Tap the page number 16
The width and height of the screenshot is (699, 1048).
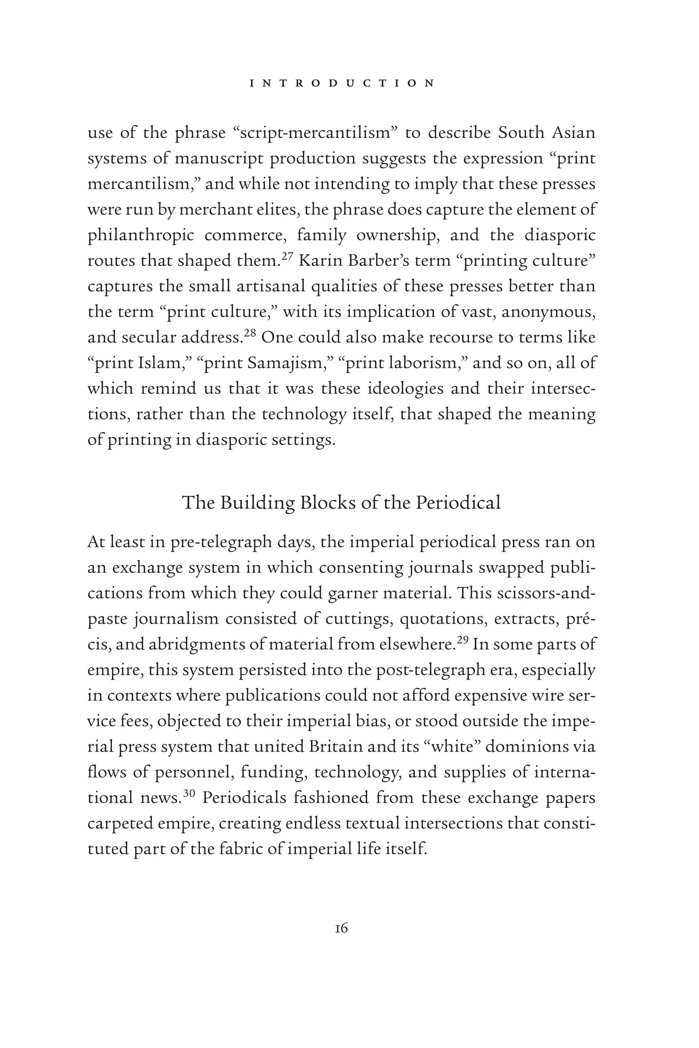pos(341,928)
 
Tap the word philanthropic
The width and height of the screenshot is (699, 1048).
pos(141,235)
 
